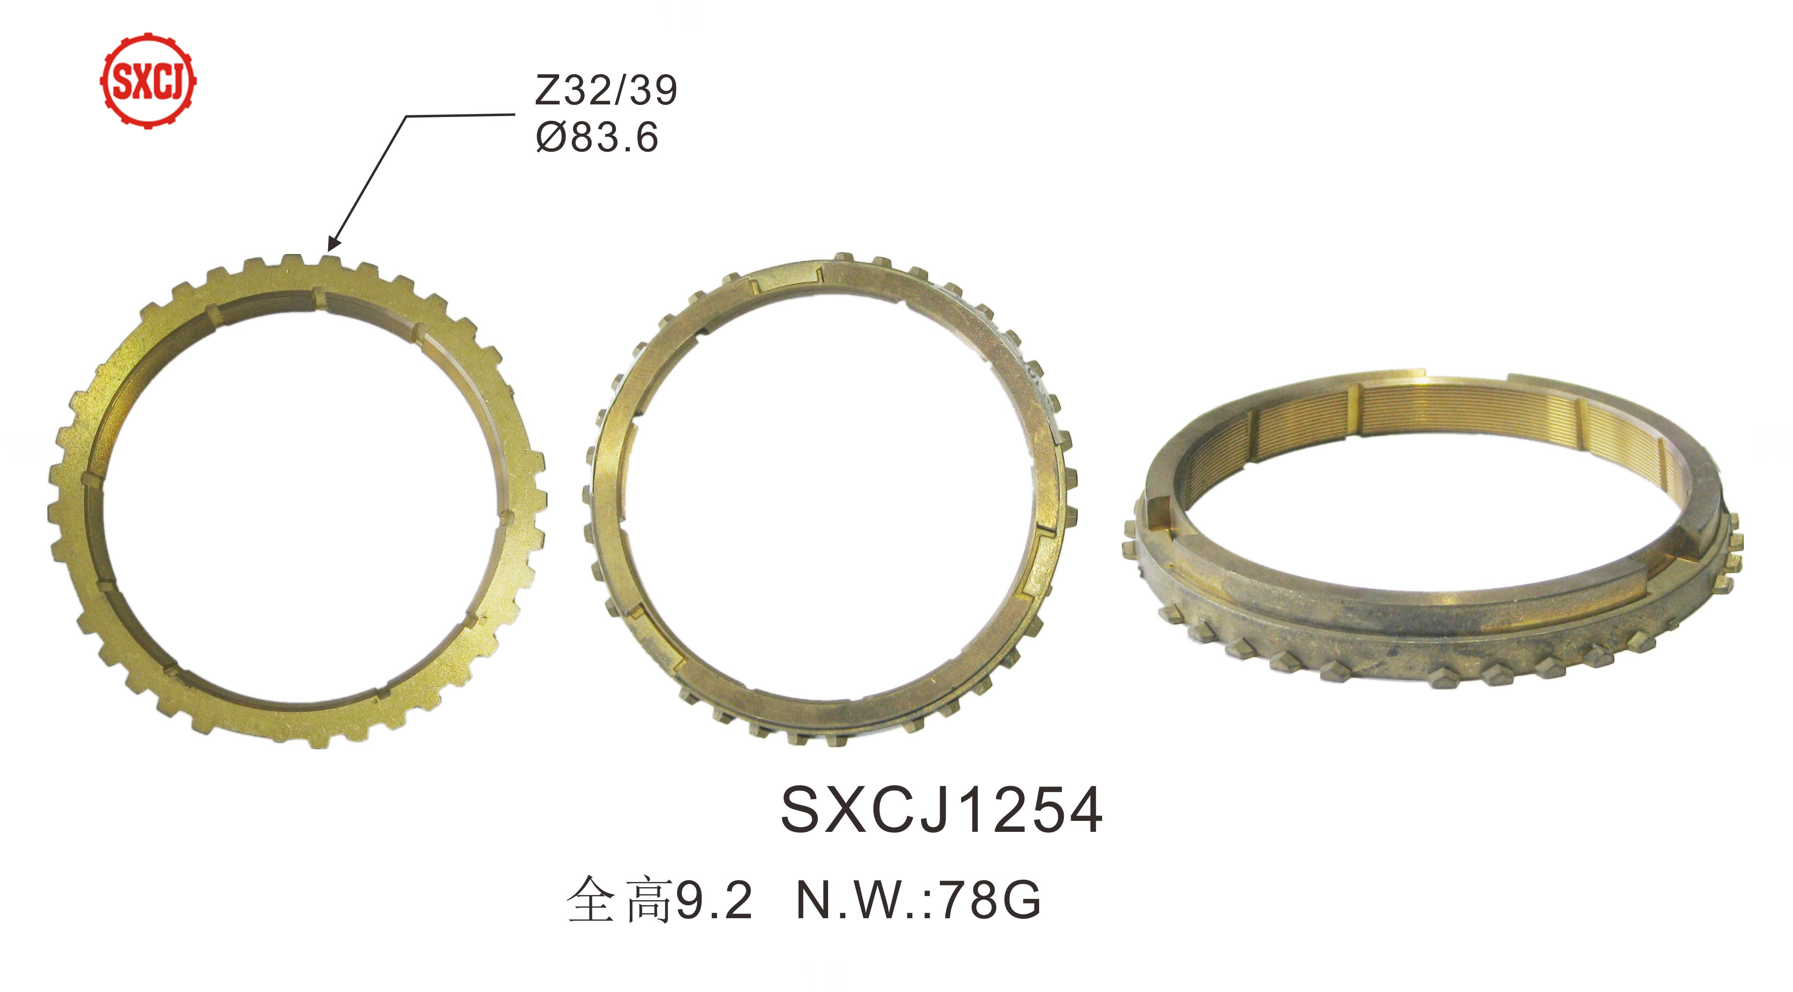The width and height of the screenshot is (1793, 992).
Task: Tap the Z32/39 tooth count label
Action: click(605, 91)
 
